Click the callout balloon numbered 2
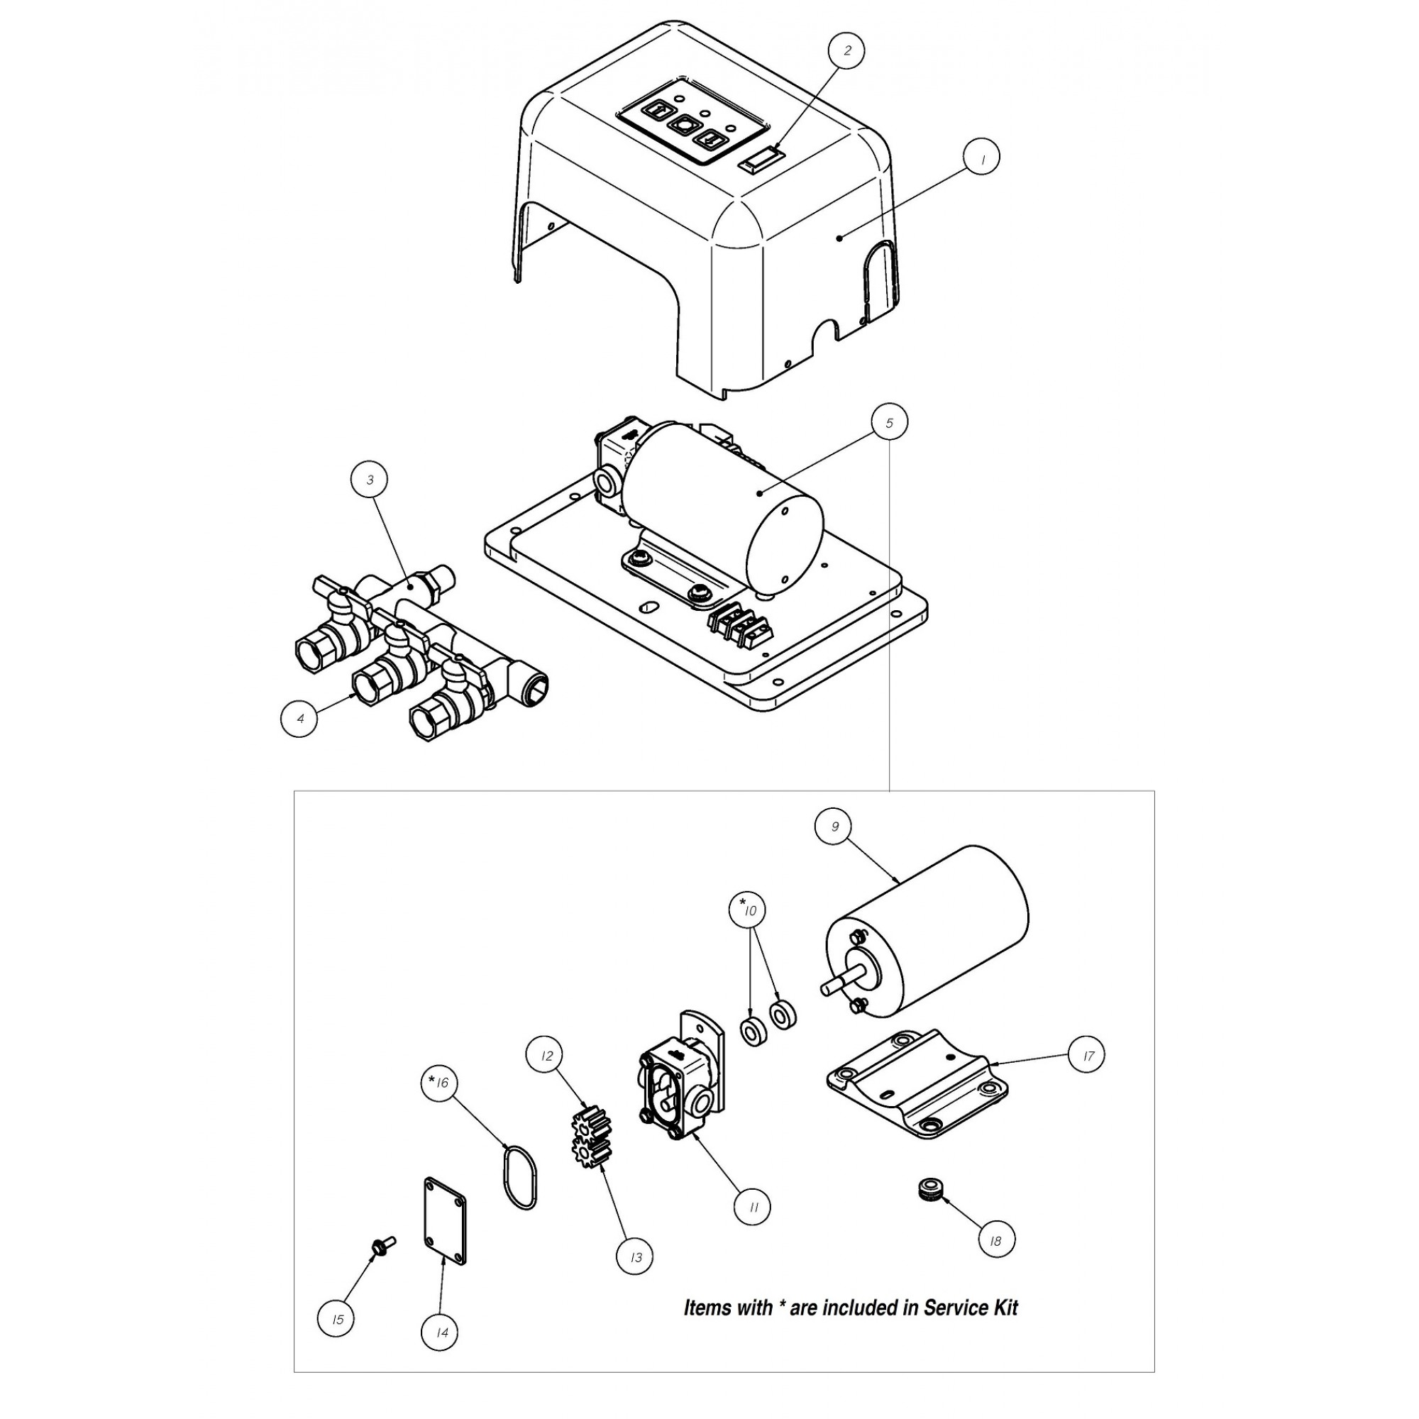click(x=847, y=50)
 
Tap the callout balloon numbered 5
click(x=889, y=422)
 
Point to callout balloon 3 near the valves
click(x=370, y=480)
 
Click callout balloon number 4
click(x=299, y=717)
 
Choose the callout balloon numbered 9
click(x=834, y=827)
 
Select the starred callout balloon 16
click(x=439, y=1083)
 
